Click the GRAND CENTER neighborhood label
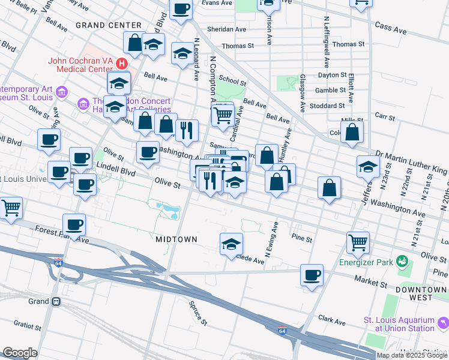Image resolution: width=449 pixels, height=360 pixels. (x=109, y=25)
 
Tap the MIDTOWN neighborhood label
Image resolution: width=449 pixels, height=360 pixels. (x=176, y=239)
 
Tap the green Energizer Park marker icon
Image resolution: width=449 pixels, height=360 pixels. (x=402, y=262)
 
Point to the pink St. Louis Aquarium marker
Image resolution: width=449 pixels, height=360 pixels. (x=443, y=324)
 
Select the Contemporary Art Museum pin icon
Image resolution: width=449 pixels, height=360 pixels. (x=62, y=92)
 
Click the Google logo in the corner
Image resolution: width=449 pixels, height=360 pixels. (x=20, y=353)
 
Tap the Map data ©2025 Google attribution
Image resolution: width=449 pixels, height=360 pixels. (x=412, y=355)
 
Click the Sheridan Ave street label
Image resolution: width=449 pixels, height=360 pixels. (x=227, y=29)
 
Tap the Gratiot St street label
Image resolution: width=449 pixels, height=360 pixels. (x=27, y=325)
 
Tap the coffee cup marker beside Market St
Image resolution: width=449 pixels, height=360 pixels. (x=312, y=275)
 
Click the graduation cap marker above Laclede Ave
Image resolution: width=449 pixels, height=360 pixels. (x=231, y=244)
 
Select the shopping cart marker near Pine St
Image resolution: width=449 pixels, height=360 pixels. (x=358, y=243)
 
